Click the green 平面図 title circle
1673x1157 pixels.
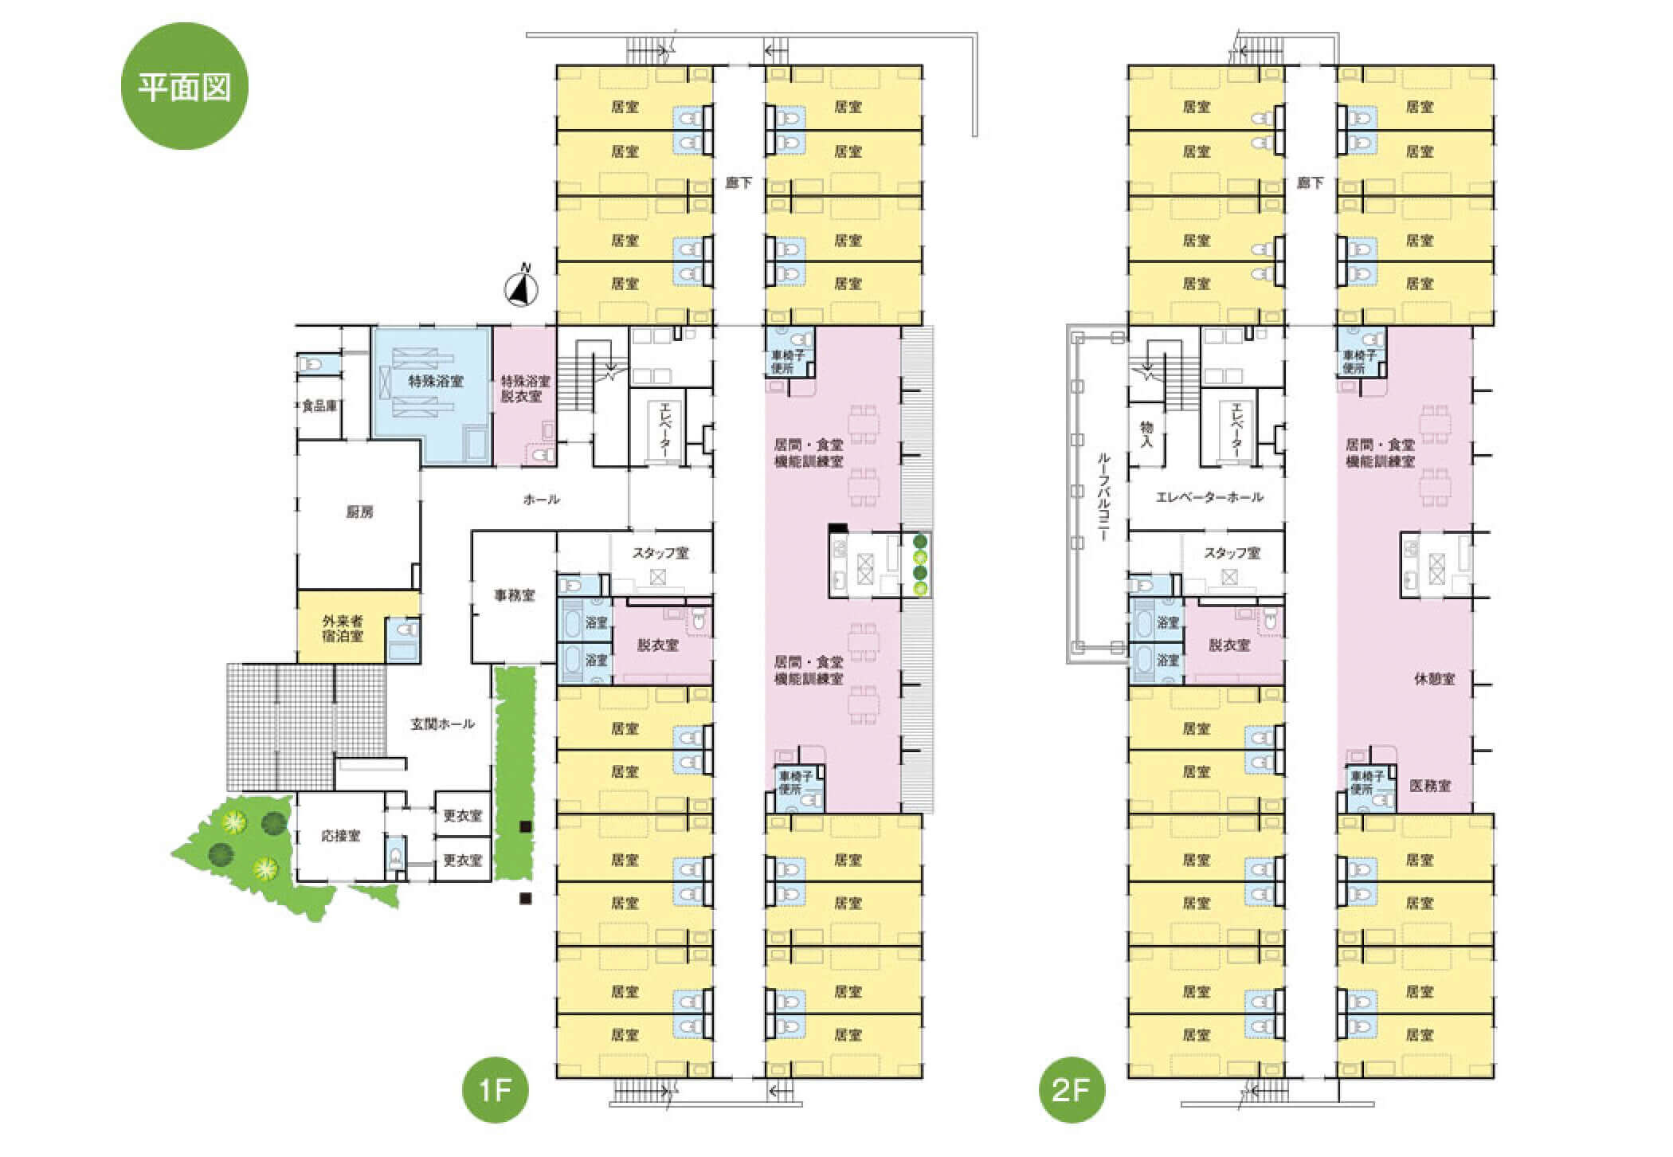(185, 85)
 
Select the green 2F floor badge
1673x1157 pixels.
(1072, 1089)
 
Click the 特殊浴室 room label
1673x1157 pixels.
(436, 382)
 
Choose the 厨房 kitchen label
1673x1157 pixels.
(359, 513)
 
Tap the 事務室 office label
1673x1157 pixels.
(514, 595)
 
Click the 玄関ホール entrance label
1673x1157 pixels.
(443, 724)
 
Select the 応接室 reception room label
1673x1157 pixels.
(340, 836)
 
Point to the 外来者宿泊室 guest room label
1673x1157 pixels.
(343, 628)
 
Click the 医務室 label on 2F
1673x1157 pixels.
(1430, 786)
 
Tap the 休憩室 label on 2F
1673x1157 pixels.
(1434, 680)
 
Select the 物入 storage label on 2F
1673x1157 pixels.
(1147, 435)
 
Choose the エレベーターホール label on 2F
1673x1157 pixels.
(1209, 498)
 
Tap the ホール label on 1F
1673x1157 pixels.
(541, 500)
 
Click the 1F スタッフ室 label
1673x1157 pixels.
(660, 553)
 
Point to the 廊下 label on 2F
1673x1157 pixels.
(1310, 183)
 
